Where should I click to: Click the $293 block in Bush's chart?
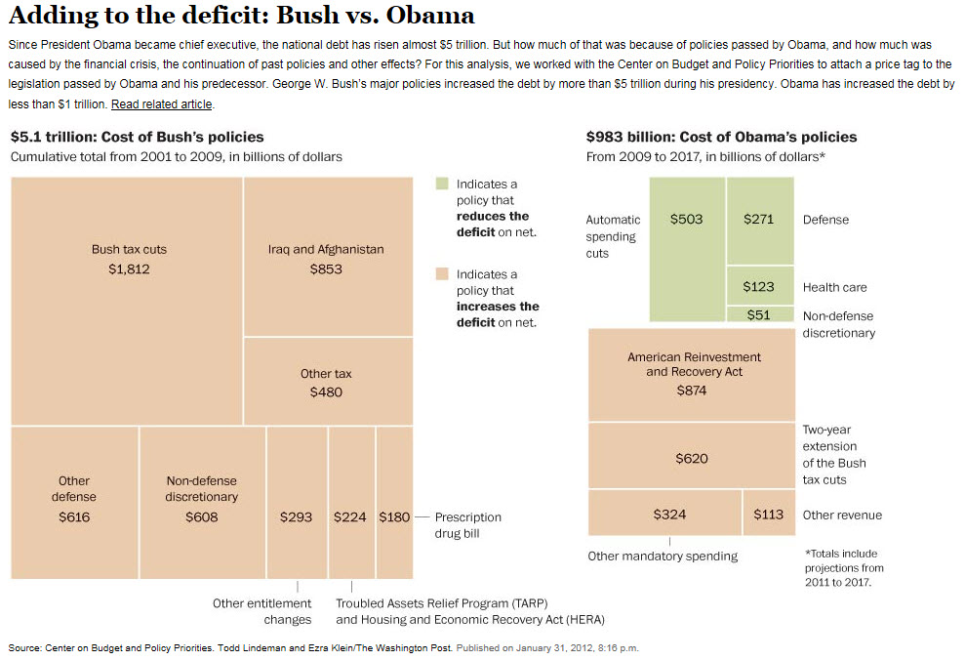297,502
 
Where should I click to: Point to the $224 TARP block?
350,502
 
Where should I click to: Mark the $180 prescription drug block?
394,502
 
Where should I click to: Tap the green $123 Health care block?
759,286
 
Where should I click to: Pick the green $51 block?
759,314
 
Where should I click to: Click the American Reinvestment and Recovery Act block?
691,375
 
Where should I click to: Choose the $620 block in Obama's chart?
691,456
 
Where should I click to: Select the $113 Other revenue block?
768,513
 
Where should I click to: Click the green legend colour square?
442,184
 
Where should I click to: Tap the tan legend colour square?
442,274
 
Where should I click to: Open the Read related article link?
161,103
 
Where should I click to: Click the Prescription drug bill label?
468,525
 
